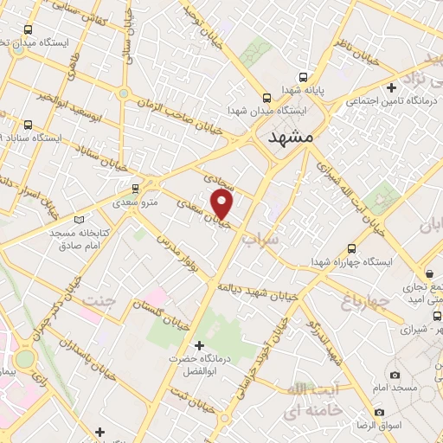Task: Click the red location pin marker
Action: coord(222,205)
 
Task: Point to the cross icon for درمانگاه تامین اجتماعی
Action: coord(392,87)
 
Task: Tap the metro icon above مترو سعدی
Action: coord(135,189)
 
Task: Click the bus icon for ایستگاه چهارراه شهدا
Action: coord(350,247)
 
